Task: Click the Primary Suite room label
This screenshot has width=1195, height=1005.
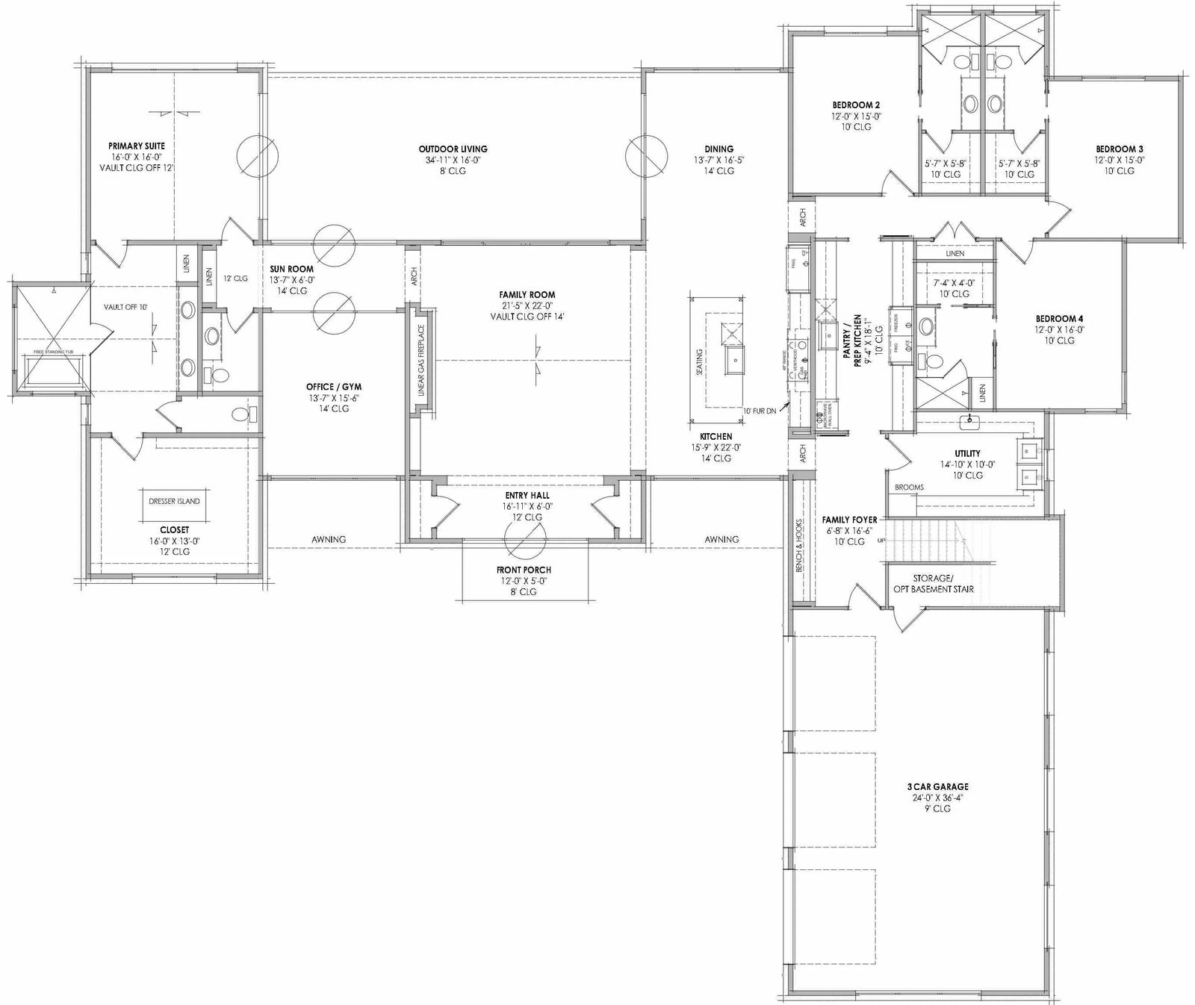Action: (137, 146)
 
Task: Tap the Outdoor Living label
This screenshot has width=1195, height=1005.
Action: (453, 149)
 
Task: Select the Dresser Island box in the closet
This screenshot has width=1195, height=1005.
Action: (174, 502)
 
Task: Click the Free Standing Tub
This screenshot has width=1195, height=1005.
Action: (52, 371)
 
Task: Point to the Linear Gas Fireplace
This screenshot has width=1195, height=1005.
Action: (421, 361)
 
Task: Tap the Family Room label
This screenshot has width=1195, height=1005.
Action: (527, 295)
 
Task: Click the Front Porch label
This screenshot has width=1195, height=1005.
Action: (524, 570)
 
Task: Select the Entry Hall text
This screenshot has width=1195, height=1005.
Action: (527, 496)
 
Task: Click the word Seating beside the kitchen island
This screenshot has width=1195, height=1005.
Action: (699, 364)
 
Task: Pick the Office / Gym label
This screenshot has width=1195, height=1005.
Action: (334, 387)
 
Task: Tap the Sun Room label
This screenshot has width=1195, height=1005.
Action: (292, 270)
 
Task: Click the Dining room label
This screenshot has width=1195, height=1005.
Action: (718, 149)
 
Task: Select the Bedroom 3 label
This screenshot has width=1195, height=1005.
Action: (1120, 149)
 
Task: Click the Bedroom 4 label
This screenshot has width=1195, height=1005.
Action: (1059, 319)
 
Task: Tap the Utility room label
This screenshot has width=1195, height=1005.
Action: (967, 453)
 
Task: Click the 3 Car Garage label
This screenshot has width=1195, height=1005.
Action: (937, 786)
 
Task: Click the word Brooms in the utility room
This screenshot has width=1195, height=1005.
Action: (909, 488)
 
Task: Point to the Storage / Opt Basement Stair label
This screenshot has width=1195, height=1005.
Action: (933, 583)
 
